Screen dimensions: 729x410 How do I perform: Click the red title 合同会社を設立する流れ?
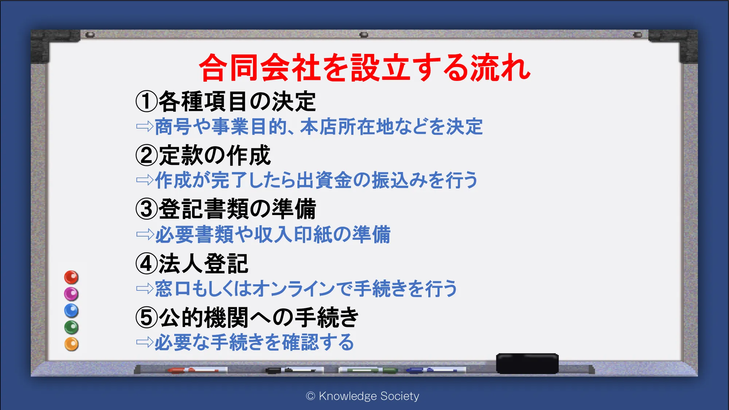point(365,68)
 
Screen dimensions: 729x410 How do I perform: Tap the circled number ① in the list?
point(147,101)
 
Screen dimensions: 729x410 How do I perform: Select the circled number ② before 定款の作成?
point(147,155)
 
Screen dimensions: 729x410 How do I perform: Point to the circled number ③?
point(147,209)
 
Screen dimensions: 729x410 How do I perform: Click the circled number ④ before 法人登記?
point(147,263)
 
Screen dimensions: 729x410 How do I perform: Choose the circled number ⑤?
point(147,317)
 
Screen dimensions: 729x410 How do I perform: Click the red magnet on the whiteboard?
point(71,277)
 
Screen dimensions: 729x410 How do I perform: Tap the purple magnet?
point(71,294)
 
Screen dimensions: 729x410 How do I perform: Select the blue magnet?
point(71,311)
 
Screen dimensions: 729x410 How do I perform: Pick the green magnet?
point(71,327)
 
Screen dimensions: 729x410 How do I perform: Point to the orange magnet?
point(71,344)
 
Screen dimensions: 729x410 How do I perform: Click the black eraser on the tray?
point(527,363)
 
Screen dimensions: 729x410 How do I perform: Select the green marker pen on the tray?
point(368,370)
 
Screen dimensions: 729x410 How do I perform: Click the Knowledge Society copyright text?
point(363,396)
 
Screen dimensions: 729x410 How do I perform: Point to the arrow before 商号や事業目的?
point(145,126)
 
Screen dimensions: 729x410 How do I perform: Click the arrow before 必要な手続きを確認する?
point(145,342)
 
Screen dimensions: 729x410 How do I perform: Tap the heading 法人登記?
point(203,263)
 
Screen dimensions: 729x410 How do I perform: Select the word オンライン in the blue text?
point(293,288)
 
